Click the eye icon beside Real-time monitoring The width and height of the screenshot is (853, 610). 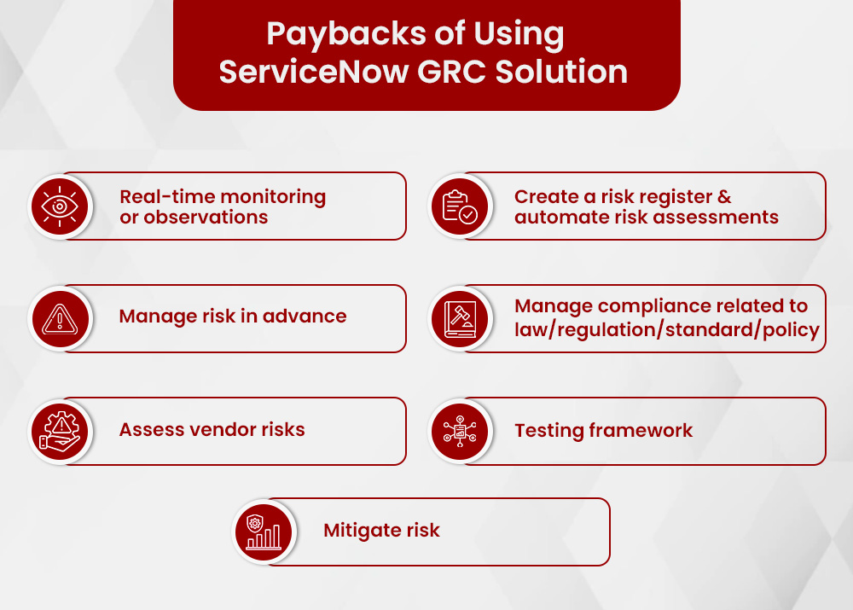coord(60,206)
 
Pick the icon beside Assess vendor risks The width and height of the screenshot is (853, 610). coord(60,431)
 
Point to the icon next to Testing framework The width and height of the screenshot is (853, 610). coord(459,431)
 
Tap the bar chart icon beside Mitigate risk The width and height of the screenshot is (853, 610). coord(263,532)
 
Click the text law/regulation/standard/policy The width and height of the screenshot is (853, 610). coord(666,329)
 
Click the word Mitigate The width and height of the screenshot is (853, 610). coord(356,530)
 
